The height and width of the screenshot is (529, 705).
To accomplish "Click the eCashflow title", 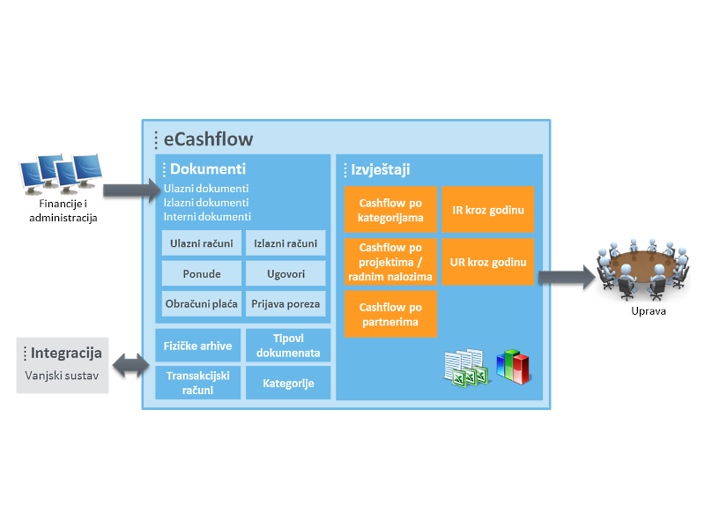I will click(x=209, y=138).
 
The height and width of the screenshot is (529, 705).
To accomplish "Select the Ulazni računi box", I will click(x=200, y=243).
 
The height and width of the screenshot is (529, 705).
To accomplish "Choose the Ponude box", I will click(x=200, y=273).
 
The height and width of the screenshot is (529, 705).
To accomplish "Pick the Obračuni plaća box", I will click(x=200, y=304).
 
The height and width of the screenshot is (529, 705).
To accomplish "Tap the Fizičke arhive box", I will click(x=197, y=346).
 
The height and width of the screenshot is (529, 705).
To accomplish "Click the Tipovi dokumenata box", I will click(x=288, y=346).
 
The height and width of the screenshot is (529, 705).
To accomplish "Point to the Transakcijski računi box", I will click(x=197, y=383).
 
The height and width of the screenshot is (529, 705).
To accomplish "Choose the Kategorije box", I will click(x=288, y=383).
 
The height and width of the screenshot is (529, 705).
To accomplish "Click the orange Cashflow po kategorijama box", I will click(x=390, y=210).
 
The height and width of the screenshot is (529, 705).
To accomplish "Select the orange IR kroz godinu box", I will click(x=487, y=210).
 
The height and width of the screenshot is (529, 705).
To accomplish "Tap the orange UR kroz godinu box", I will click(x=487, y=262).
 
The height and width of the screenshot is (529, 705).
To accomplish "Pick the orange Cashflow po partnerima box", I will click(x=390, y=315).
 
